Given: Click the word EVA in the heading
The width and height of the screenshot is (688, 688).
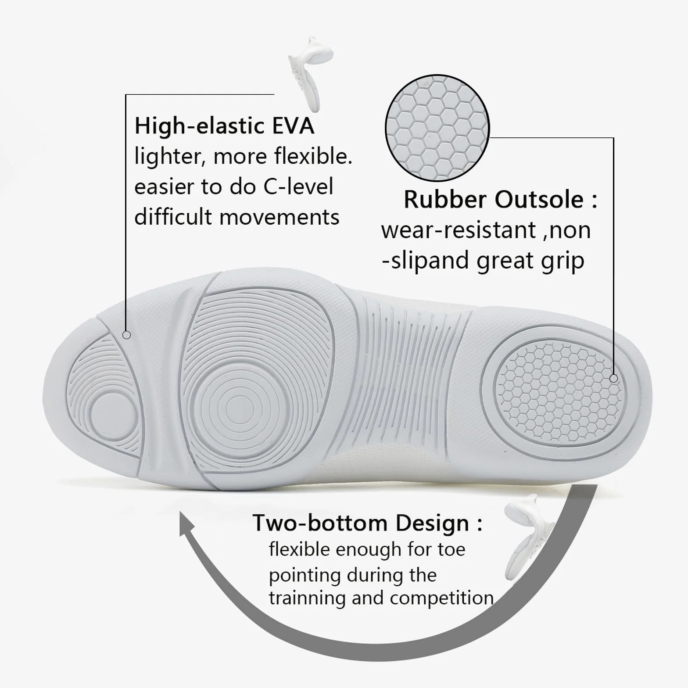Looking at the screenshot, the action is click(293, 126).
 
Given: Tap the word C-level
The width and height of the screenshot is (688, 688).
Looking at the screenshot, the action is click(298, 187).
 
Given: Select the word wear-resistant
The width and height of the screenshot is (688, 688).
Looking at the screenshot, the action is click(459, 230).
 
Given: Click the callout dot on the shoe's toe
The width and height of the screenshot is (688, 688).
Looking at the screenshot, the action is click(127, 335).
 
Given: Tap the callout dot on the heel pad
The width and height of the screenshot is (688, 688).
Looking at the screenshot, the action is click(614, 378).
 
